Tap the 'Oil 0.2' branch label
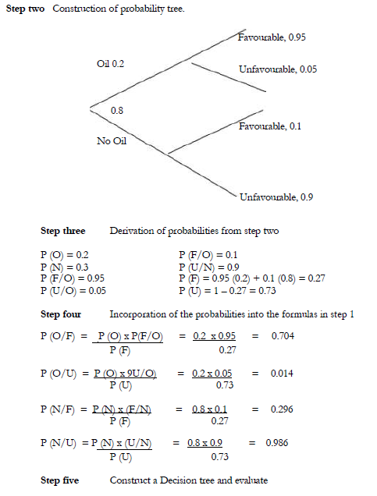click(x=111, y=62)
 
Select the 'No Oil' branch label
click(x=111, y=141)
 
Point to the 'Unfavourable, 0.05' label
click(x=278, y=69)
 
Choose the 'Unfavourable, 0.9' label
click(x=276, y=197)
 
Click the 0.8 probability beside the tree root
click(x=117, y=111)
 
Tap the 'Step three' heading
click(x=62, y=232)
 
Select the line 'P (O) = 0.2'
click(x=65, y=255)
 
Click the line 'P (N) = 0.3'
click(x=65, y=266)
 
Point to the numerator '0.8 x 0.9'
click(x=205, y=443)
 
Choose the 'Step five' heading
click(x=60, y=480)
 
